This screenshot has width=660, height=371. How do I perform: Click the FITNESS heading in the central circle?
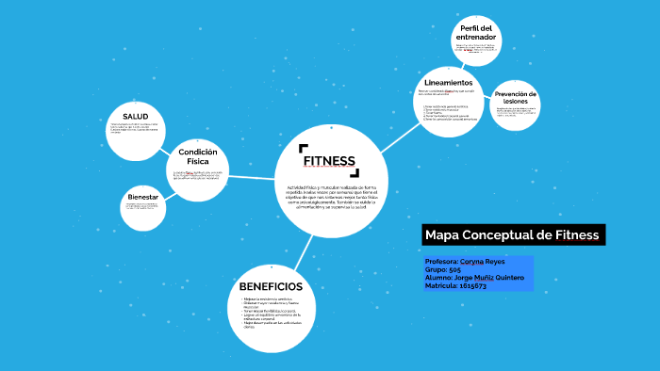[x=329, y=160]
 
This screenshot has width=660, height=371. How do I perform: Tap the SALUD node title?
[x=136, y=117]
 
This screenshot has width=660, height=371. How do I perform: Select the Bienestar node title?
[x=142, y=197]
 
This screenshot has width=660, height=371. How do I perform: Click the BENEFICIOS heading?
[x=271, y=286]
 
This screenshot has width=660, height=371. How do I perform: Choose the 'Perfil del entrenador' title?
[x=476, y=32]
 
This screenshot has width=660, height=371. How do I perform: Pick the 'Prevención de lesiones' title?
[x=516, y=98]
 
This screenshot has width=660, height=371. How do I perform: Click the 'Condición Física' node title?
[x=198, y=156]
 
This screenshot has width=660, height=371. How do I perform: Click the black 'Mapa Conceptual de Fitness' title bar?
[x=510, y=234]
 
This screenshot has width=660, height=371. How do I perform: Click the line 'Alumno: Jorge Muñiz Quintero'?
[x=475, y=278]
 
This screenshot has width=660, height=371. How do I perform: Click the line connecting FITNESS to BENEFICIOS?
[x=304, y=249]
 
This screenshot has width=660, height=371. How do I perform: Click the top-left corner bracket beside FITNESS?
[x=302, y=148]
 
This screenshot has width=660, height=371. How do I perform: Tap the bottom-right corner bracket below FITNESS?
[x=356, y=172]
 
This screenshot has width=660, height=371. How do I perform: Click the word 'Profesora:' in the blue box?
[x=445, y=261]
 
